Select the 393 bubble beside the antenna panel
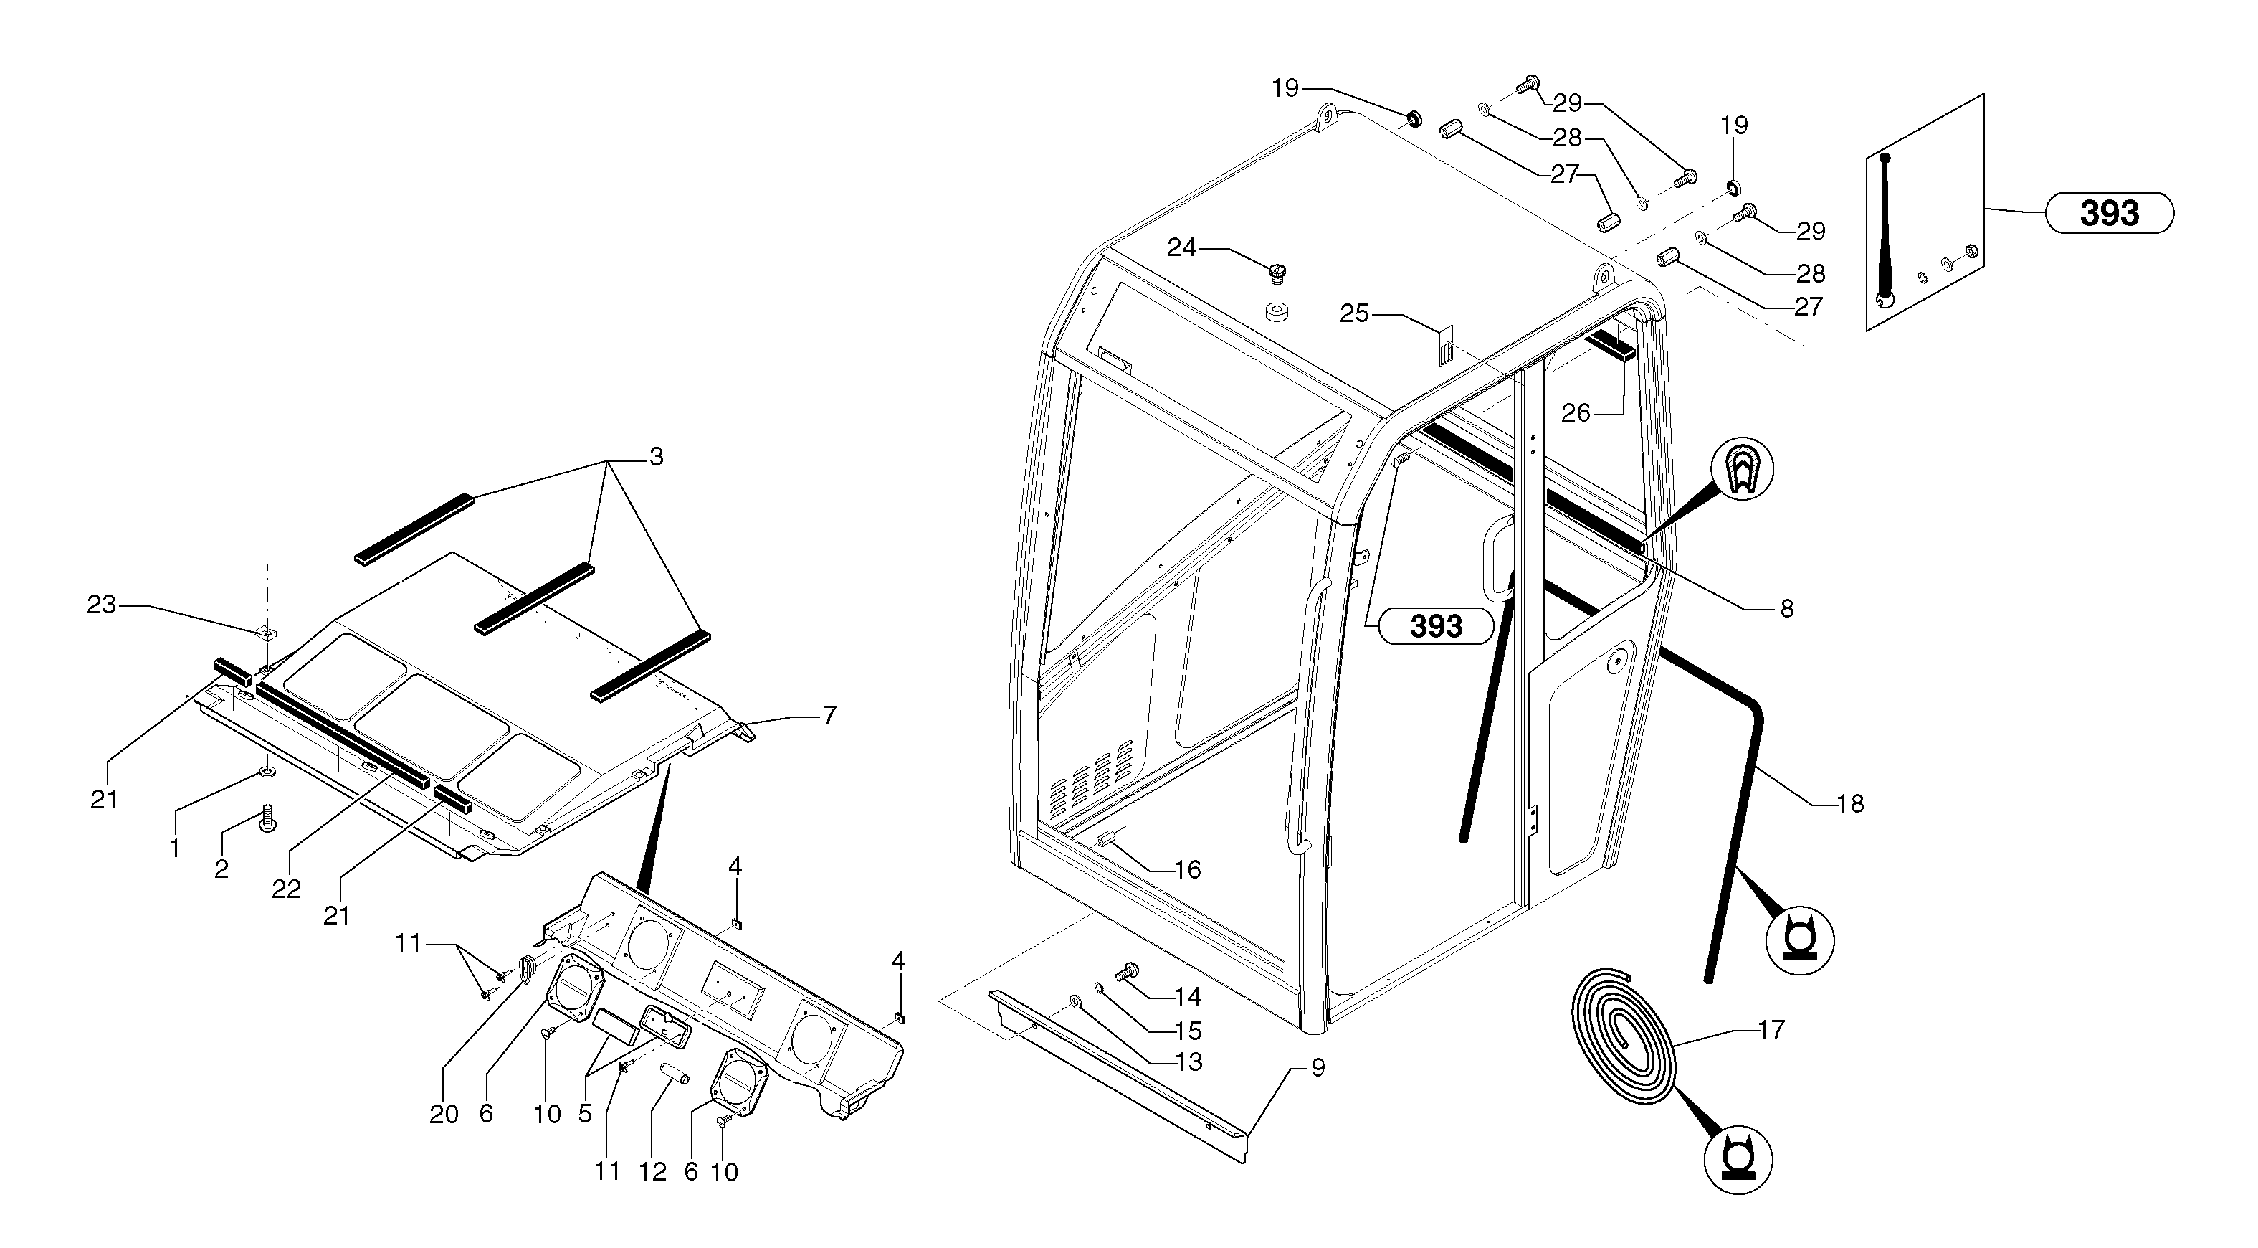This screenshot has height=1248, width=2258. (x=2108, y=213)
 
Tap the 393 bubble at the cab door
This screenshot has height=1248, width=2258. (x=1435, y=626)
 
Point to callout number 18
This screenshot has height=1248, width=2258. (x=1849, y=803)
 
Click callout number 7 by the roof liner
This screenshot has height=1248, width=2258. (x=829, y=716)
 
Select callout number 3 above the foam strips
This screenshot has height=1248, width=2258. (x=656, y=457)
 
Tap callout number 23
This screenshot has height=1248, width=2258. (x=102, y=605)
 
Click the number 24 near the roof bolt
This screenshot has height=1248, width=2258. (x=1181, y=248)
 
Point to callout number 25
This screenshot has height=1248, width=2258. (x=1354, y=313)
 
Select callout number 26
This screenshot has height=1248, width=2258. (x=1575, y=412)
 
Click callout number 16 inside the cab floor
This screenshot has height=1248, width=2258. (x=1188, y=870)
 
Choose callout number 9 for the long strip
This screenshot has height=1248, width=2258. (x=1318, y=1068)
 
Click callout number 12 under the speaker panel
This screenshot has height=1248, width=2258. (x=653, y=1172)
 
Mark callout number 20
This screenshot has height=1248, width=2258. (x=444, y=1115)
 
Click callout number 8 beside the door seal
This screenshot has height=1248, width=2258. (x=1786, y=609)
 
